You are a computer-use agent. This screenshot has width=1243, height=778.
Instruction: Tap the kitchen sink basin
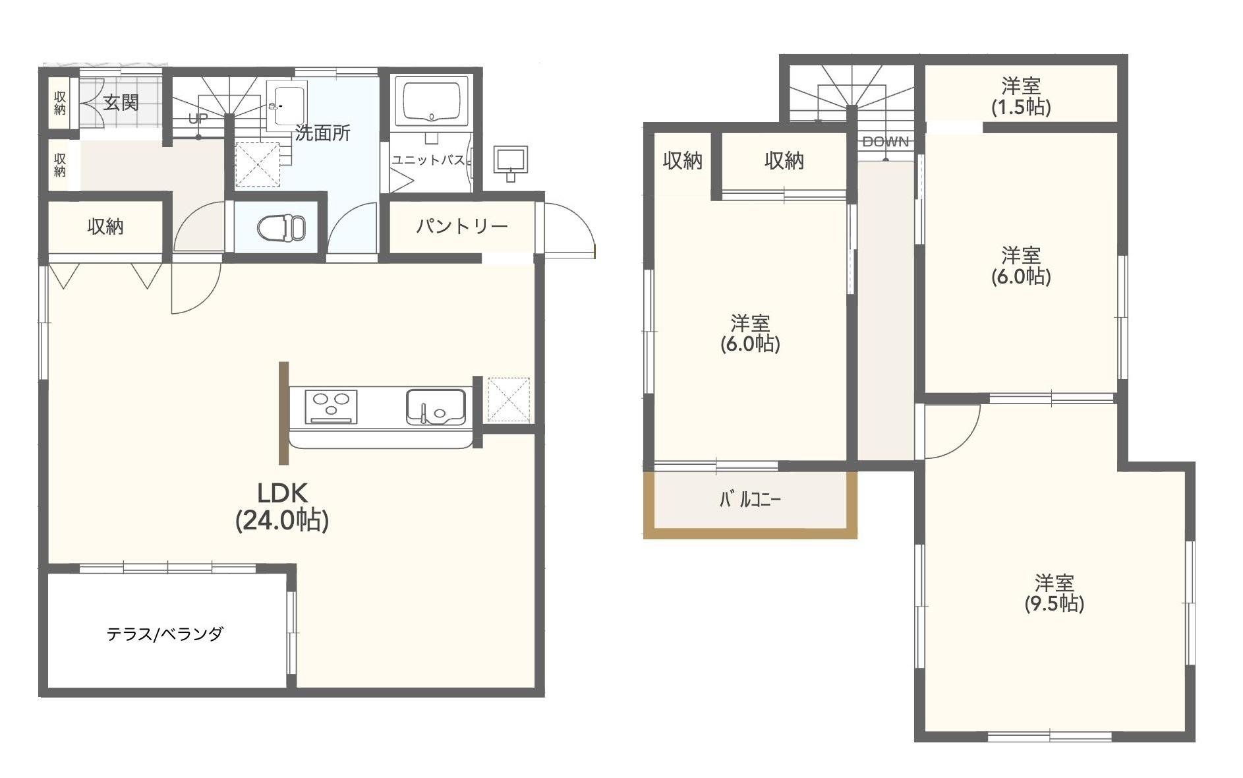(x=435, y=407)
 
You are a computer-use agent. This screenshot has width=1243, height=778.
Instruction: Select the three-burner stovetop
(x=331, y=407)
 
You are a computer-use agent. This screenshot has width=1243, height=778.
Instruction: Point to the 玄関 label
(x=121, y=103)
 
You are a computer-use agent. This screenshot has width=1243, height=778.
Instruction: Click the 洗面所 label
(x=322, y=133)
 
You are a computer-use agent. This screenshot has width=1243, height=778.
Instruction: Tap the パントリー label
(x=461, y=227)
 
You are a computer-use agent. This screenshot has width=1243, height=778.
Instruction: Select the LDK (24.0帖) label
(x=282, y=506)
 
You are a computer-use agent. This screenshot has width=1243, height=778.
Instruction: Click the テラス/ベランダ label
(x=165, y=634)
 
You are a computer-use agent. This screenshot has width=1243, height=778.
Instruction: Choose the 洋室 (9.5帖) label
(x=1054, y=593)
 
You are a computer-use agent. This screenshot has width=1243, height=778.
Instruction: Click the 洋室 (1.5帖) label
(x=1021, y=96)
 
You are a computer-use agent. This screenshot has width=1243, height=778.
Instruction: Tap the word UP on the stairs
(x=197, y=119)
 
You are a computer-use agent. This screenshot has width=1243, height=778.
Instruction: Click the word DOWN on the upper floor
(x=885, y=142)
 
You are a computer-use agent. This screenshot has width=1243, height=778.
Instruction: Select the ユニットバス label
(x=428, y=160)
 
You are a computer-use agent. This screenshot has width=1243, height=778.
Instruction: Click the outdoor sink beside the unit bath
(x=510, y=163)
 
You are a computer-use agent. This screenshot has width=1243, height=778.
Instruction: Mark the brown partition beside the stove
(x=283, y=413)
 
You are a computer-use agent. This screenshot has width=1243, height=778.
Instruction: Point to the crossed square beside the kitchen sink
(x=507, y=400)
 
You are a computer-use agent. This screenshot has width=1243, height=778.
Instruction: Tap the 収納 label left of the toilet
(x=105, y=227)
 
